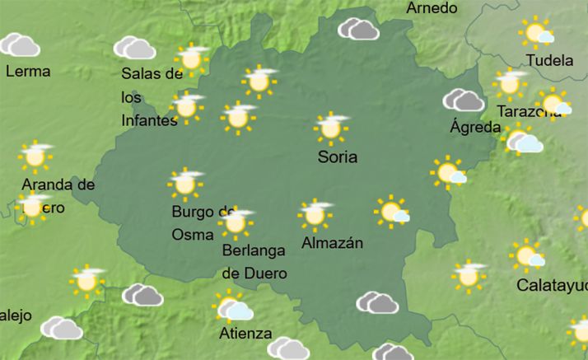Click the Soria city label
[338, 156]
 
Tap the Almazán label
[332, 243]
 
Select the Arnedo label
[432, 8]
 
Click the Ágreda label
[475, 127]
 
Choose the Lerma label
[28, 71]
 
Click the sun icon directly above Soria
[331, 128]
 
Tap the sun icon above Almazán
[315, 213]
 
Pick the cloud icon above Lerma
[21, 44]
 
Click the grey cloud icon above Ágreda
[464, 101]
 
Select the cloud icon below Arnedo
[358, 29]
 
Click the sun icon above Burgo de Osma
[185, 184]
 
